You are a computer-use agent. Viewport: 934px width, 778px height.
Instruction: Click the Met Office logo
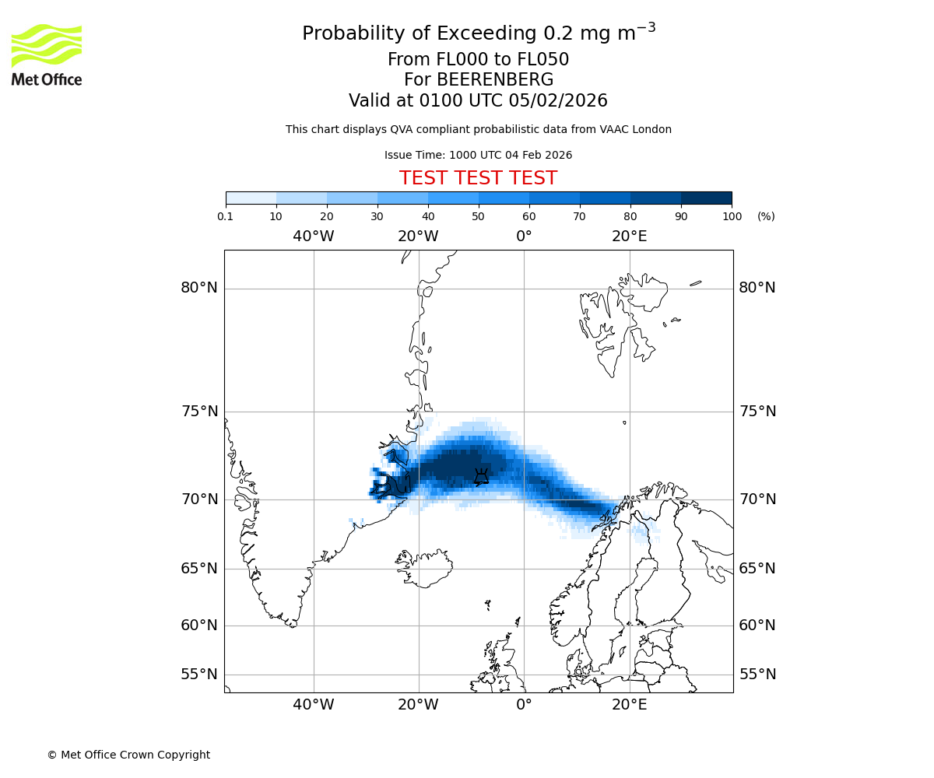(47, 54)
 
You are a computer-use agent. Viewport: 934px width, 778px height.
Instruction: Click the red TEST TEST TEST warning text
(478, 178)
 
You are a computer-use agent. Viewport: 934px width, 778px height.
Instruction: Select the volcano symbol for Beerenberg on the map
(482, 476)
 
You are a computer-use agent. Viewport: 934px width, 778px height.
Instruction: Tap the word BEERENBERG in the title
(494, 80)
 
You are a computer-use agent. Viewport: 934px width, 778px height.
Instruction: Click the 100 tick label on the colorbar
(732, 216)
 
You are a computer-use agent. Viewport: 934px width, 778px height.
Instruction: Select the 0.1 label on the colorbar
(226, 216)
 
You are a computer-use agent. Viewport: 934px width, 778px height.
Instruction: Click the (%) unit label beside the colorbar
(766, 216)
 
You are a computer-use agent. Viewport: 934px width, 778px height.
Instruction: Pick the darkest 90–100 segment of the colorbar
(706, 198)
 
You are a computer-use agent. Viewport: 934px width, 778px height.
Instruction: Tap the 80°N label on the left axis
(199, 288)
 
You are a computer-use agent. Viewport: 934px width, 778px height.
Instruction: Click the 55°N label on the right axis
(757, 675)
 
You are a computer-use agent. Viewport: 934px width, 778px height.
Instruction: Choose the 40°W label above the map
(314, 236)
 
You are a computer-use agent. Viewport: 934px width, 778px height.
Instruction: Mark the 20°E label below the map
(629, 705)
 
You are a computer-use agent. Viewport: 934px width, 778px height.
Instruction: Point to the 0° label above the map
(524, 236)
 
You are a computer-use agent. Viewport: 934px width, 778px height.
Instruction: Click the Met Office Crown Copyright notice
(128, 755)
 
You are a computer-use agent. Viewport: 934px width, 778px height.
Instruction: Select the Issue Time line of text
(478, 155)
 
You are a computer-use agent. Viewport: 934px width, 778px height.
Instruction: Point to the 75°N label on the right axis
(757, 412)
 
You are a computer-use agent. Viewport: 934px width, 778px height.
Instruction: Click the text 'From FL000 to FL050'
(478, 60)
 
